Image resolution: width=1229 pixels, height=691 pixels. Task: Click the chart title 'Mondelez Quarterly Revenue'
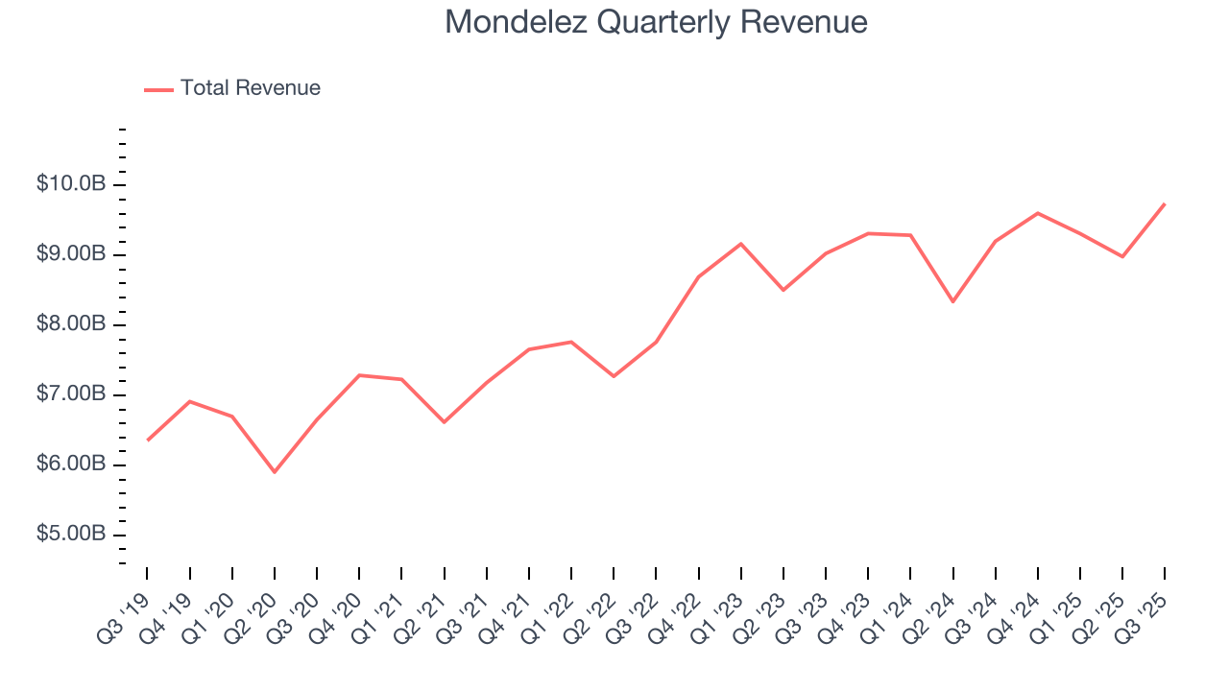(x=656, y=22)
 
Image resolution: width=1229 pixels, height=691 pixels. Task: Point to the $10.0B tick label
(x=70, y=184)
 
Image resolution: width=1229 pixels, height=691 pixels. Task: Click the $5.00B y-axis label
(x=70, y=535)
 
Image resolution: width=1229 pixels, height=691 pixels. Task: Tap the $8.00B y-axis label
(x=70, y=324)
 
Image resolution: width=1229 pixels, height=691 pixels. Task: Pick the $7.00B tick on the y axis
(x=70, y=394)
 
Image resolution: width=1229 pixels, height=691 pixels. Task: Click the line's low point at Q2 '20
(x=275, y=472)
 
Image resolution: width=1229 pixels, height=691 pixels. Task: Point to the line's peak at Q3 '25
(x=1165, y=203)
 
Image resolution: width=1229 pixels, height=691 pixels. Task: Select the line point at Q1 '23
(x=740, y=244)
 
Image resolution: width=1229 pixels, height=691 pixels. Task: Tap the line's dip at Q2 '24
(x=952, y=301)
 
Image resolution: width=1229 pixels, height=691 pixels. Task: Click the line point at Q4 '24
(x=1038, y=213)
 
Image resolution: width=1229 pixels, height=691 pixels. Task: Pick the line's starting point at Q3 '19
(x=147, y=441)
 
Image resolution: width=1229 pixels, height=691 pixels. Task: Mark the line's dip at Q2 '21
(x=444, y=422)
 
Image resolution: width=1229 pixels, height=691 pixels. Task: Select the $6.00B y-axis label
(x=70, y=465)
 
